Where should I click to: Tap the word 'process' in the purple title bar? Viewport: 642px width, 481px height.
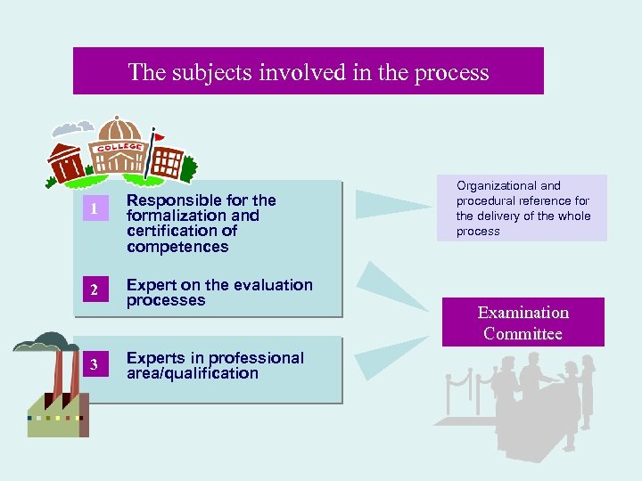point(452,72)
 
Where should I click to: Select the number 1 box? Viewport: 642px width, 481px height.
point(91,209)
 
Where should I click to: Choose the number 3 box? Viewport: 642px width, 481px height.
point(91,364)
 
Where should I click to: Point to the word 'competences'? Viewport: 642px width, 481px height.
point(177,247)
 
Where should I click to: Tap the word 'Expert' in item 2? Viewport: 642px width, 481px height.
point(151,285)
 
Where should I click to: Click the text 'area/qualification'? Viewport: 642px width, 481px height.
point(193,373)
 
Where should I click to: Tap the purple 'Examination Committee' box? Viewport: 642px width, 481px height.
point(523,322)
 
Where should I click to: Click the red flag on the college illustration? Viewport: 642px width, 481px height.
point(159,137)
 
